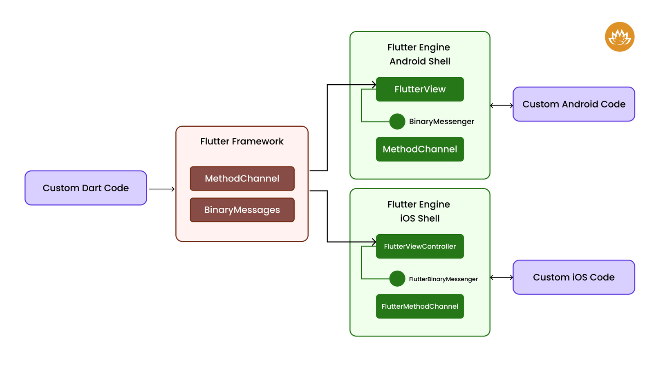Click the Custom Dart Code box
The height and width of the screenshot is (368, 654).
coord(85,188)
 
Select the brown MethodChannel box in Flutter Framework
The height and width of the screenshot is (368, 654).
coord(242,179)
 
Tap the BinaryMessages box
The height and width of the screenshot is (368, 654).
coord(242,210)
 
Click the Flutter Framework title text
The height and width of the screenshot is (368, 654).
coord(242,141)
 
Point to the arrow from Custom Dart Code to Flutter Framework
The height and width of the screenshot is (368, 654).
coord(161,189)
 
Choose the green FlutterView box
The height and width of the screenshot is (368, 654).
coord(420,89)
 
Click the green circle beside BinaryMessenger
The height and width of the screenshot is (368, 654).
coord(397,121)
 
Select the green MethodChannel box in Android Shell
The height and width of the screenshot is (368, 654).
coord(420,149)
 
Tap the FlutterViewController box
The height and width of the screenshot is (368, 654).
coord(420,246)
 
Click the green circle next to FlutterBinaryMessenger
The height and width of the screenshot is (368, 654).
coord(397,279)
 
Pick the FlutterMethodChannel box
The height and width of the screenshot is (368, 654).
coord(420,306)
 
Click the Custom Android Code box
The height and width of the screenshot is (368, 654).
coord(573,104)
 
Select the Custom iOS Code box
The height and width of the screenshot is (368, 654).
coord(573,277)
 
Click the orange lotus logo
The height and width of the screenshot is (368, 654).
coord(619,37)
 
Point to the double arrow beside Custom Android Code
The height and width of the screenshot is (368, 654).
coord(502,105)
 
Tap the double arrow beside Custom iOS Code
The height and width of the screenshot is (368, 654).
coord(502,277)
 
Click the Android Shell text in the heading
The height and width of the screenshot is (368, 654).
coord(420,61)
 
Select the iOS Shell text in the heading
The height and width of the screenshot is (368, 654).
coord(420,218)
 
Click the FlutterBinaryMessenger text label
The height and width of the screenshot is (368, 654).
coord(443,279)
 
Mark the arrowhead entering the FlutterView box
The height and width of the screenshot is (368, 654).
coord(374,85)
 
